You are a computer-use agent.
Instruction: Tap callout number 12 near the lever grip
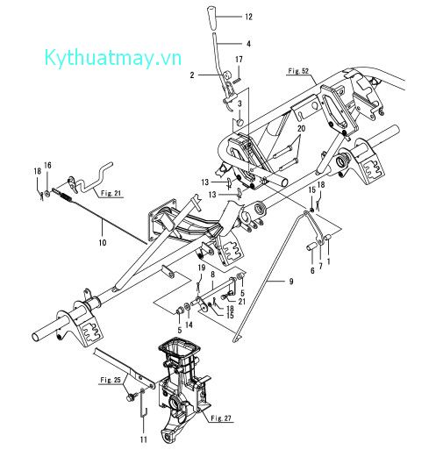(x=248, y=17)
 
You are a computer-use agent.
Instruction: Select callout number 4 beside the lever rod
(x=247, y=43)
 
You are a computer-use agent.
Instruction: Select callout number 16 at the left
(x=49, y=165)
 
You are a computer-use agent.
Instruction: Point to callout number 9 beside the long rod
(x=289, y=282)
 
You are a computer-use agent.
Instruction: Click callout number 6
(x=311, y=272)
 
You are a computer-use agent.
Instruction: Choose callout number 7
(x=321, y=263)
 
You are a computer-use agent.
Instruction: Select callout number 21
(x=242, y=302)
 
